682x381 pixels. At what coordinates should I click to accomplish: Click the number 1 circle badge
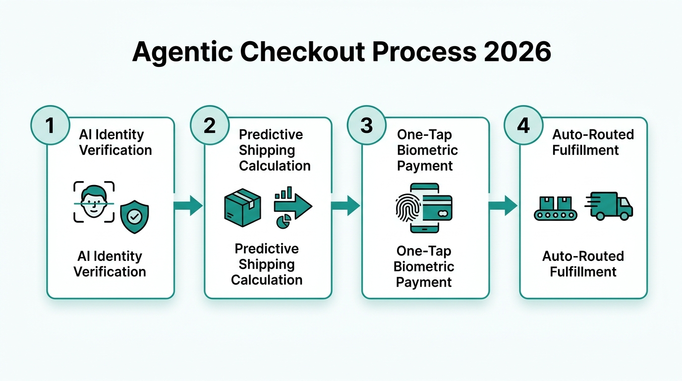[x=50, y=126]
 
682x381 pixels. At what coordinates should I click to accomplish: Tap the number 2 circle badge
[x=210, y=126]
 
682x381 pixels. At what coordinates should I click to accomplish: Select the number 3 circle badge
[x=367, y=126]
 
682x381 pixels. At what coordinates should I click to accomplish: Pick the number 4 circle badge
[x=524, y=126]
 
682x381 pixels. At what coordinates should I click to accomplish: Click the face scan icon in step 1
[x=94, y=202]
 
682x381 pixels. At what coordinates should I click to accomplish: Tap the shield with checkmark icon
[x=134, y=216]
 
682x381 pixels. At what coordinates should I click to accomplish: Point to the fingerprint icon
[x=408, y=208]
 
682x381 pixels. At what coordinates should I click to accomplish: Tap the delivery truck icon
[x=610, y=206]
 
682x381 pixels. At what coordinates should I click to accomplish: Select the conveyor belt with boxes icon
[x=555, y=208]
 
